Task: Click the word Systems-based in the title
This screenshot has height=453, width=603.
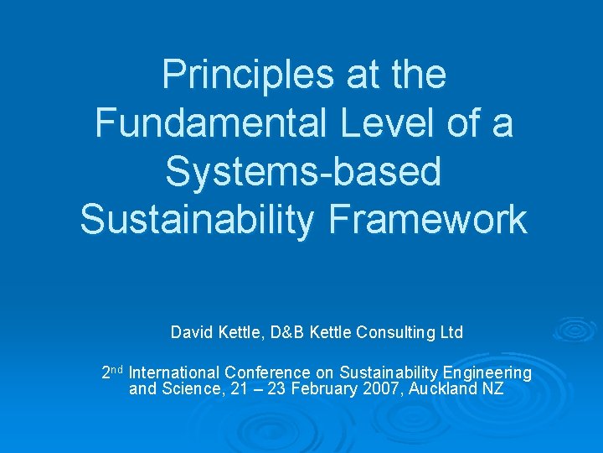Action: [303, 171]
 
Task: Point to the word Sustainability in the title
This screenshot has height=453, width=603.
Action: [198, 219]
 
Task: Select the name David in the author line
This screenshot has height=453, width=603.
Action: [190, 333]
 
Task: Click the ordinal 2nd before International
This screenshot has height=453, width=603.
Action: [112, 372]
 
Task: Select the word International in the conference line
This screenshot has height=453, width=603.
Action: [175, 372]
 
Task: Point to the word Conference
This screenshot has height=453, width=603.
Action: [267, 372]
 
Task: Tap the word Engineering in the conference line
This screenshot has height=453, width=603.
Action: [487, 372]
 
